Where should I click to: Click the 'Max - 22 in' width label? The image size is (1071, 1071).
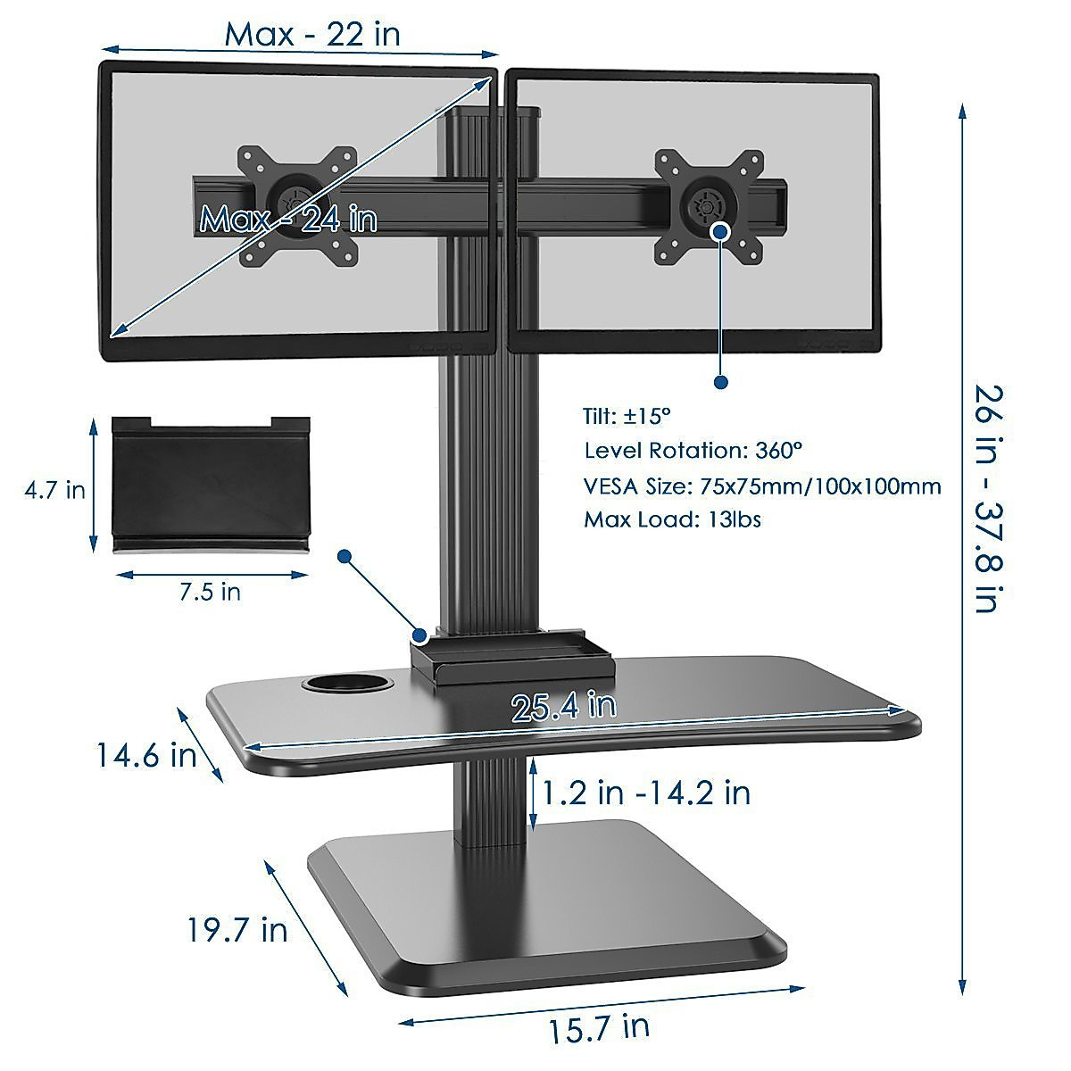[311, 33]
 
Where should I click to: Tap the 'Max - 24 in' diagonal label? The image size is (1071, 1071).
[288, 219]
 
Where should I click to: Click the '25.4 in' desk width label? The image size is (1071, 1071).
[563, 706]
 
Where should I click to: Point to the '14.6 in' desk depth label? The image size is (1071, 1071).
[146, 755]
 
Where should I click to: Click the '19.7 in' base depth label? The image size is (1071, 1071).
[237, 929]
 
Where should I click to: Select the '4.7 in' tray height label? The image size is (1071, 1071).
[55, 489]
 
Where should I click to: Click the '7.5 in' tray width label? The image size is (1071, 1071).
[209, 591]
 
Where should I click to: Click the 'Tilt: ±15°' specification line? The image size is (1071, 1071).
[627, 416]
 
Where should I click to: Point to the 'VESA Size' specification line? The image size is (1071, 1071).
[762, 486]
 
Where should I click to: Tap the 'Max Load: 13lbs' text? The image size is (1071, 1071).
[672, 519]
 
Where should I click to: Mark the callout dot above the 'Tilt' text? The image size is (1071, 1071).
[721, 382]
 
